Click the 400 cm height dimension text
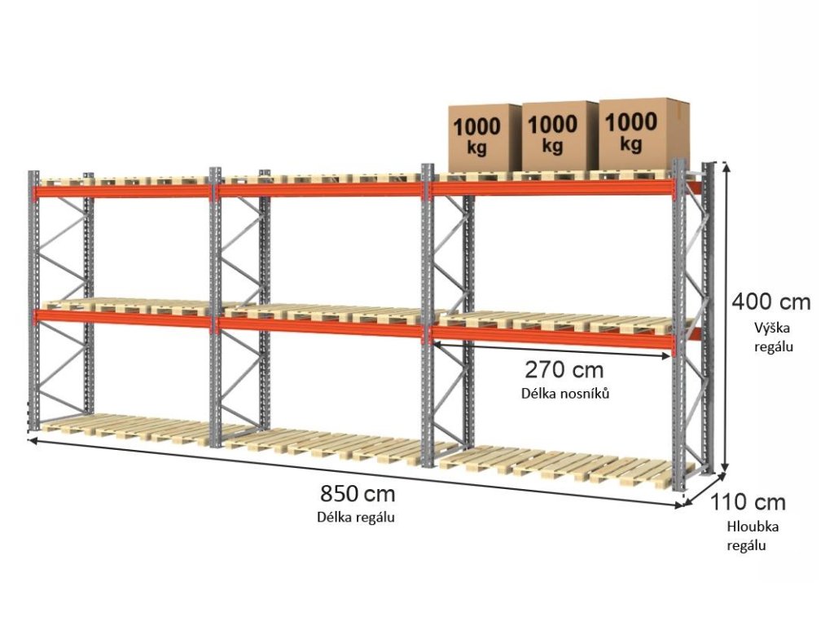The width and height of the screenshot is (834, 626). click(770, 302)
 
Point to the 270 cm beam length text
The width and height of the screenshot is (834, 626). click(564, 370)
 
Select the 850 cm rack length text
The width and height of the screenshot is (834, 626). click(358, 494)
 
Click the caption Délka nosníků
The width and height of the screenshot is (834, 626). click(565, 393)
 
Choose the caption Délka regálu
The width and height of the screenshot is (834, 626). click(358, 517)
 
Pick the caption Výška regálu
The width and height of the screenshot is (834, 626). click(771, 337)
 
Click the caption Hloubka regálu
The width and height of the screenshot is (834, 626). click(747, 536)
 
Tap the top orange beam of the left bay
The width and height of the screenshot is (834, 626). click(122, 192)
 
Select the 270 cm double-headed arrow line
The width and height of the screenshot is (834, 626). click(554, 346)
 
